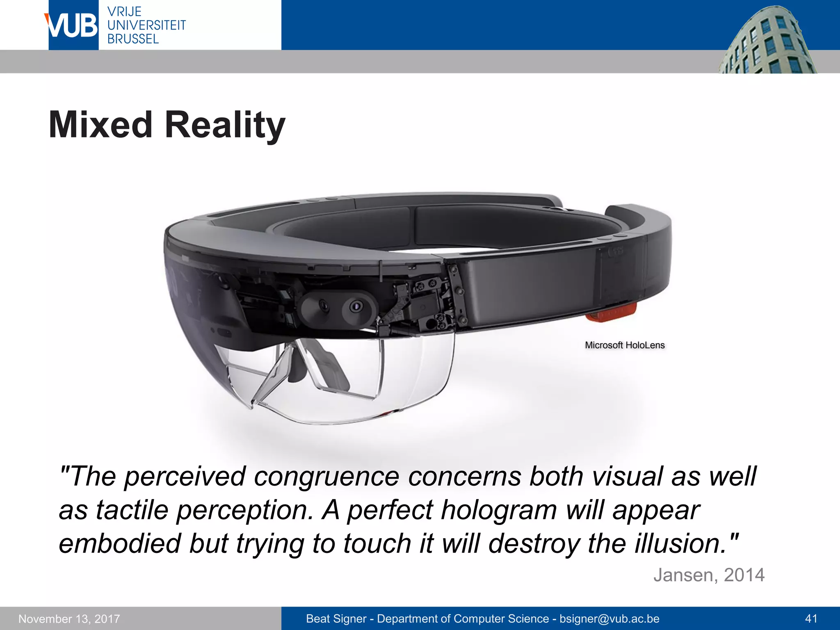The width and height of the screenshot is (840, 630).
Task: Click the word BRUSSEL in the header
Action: (133, 39)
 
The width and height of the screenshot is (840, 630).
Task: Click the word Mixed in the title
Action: (100, 125)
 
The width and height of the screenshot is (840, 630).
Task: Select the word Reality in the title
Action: (225, 125)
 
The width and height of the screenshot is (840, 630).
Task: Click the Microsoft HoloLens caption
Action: (625, 345)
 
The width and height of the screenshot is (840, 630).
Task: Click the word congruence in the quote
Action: (326, 477)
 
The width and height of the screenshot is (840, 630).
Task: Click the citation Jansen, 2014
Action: (709, 575)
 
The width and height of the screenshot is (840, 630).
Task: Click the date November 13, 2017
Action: (69, 619)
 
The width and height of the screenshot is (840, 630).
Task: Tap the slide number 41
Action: (811, 619)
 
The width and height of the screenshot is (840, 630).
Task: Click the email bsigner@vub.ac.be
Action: (609, 619)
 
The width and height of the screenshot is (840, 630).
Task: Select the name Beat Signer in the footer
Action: (336, 619)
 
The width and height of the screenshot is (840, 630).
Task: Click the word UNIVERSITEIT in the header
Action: (146, 25)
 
